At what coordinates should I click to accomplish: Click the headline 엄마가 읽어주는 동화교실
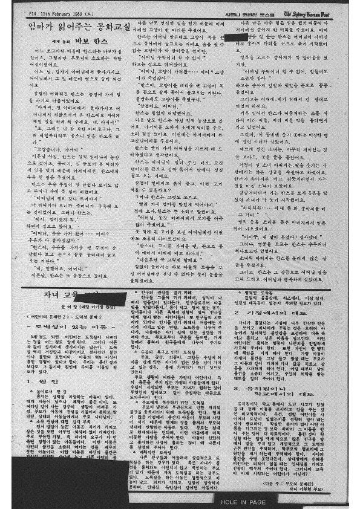(x=79, y=27)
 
